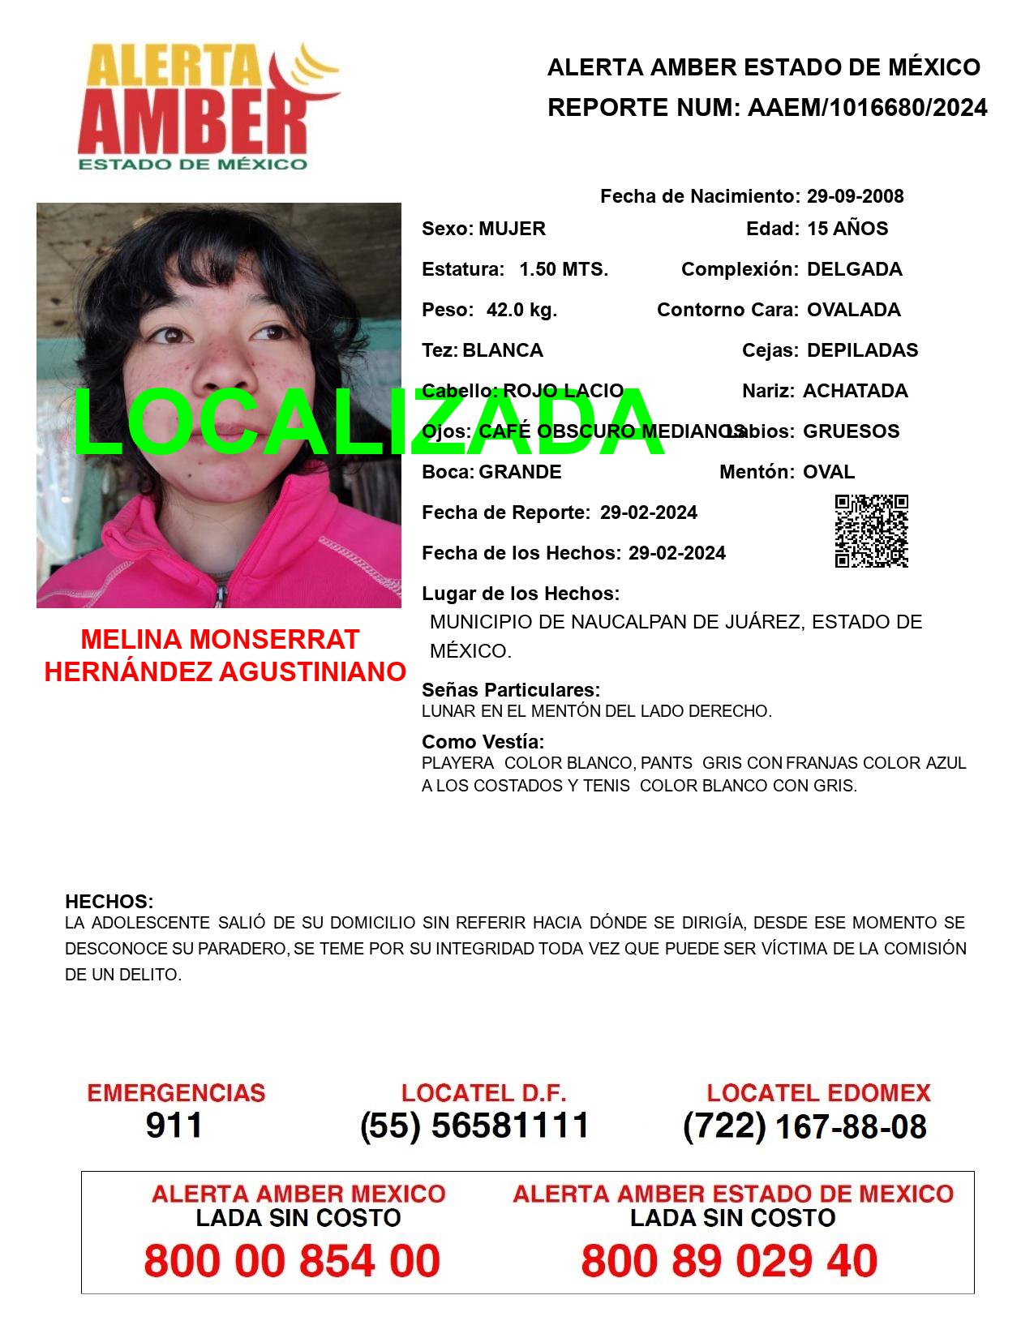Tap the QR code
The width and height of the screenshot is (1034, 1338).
pyautogui.click(x=871, y=531)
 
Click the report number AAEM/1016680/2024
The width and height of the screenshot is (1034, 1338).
pyautogui.click(x=867, y=108)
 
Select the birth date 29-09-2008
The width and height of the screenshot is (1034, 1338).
pyautogui.click(x=855, y=196)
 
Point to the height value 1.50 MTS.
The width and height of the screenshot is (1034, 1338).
pyautogui.click(x=564, y=269)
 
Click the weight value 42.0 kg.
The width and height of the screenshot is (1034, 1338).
pyautogui.click(x=521, y=310)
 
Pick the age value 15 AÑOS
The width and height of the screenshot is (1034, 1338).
pyautogui.click(x=847, y=229)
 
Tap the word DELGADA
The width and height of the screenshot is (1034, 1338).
pyautogui.click(x=854, y=269)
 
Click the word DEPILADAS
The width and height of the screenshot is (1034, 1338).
pyautogui.click(x=862, y=350)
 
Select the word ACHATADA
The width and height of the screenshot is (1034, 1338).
pyautogui.click(x=855, y=391)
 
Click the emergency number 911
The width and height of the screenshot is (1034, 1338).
pyautogui.click(x=174, y=1126)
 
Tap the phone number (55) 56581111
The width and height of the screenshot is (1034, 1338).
pyautogui.click(x=474, y=1126)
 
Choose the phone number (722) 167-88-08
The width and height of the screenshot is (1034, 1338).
pyautogui.click(x=804, y=1126)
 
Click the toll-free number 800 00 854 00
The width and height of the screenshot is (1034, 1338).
pyautogui.click(x=292, y=1261)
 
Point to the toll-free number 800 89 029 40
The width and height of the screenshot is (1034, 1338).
pyautogui.click(x=729, y=1261)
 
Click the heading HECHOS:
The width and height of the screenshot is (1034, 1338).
pyautogui.click(x=109, y=902)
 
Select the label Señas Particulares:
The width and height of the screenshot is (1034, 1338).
pyautogui.click(x=511, y=690)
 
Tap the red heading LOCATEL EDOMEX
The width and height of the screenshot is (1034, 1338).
pyautogui.click(x=818, y=1093)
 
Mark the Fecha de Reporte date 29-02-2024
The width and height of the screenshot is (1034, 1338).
pyautogui.click(x=648, y=512)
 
